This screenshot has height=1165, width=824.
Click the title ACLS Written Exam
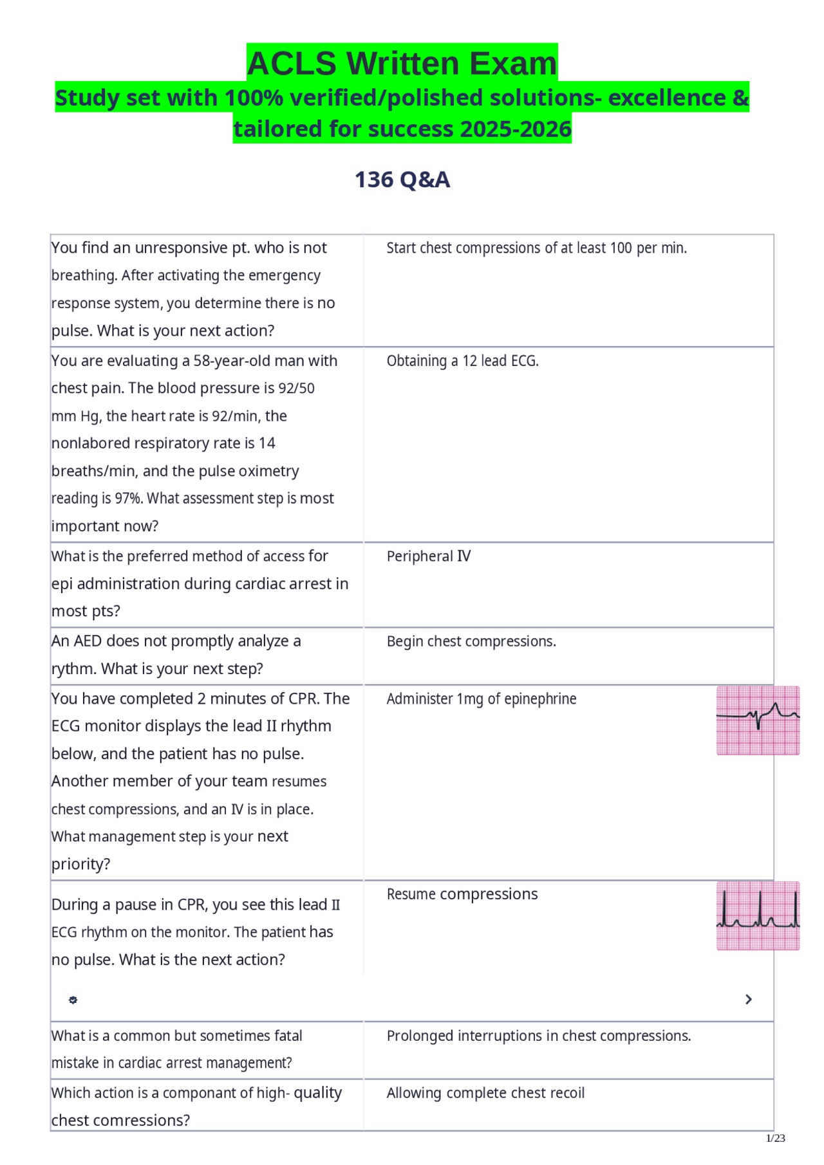point(402,64)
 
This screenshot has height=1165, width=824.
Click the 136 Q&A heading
point(402,179)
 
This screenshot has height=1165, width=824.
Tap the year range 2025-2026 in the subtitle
point(516,129)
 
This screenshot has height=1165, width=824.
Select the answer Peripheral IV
point(429,556)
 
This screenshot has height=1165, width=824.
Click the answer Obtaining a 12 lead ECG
point(462,361)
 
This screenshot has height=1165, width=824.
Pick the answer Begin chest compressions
point(471,641)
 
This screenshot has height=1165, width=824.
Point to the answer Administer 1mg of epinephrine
point(482,699)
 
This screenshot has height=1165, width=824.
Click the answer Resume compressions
point(462,894)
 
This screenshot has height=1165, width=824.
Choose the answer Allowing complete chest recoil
point(485,1093)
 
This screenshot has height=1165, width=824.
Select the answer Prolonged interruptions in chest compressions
point(539,1036)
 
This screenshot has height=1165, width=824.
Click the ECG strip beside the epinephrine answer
point(758,720)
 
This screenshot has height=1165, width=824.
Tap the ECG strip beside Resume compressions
point(758,915)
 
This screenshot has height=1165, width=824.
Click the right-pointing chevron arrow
point(748,999)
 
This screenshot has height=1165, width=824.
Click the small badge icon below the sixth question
point(73,1000)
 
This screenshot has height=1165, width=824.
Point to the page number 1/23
point(776,1138)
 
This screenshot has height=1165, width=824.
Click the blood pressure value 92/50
point(296,389)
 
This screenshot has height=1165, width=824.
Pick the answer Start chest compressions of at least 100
point(537,248)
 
